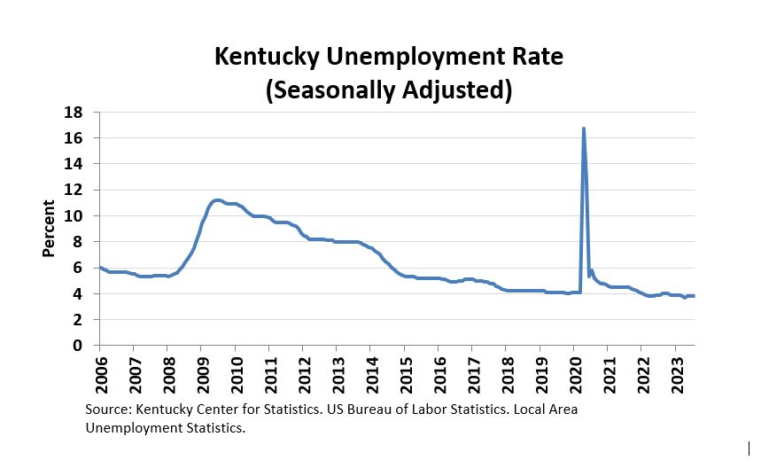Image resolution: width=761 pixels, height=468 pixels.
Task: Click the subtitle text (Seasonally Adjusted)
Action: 389,90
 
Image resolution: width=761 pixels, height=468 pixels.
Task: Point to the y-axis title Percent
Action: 50,229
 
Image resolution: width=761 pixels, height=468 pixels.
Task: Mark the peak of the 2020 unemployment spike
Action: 583,129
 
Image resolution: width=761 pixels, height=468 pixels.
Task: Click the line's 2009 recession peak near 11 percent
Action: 217,200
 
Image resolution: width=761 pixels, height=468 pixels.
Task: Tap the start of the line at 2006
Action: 100,267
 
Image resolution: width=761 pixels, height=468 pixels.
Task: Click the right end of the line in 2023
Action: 694,296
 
